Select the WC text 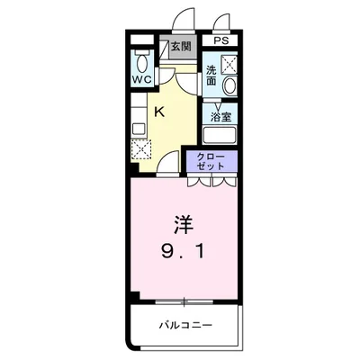pyautogui.click(x=141, y=80)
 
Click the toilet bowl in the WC pyautogui.click(x=140, y=60)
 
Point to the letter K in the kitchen pyautogui.click(x=158, y=112)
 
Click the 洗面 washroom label pyautogui.click(x=210, y=75)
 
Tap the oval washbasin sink pyautogui.click(x=229, y=86)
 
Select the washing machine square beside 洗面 pyautogui.click(x=229, y=63)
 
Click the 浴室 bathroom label pyautogui.click(x=220, y=117)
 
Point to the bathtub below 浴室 pyautogui.click(x=220, y=136)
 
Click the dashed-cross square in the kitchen pyautogui.click(x=142, y=150)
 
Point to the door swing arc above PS pyautogui.click(x=221, y=21)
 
